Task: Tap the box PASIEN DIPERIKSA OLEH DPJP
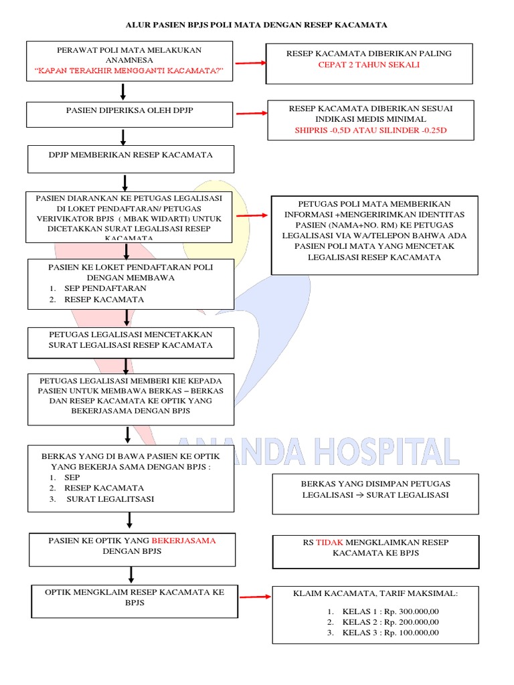point(130,114)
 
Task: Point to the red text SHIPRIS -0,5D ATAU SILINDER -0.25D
point(370,130)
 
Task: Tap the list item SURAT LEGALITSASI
point(110,499)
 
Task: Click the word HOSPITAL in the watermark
point(386,452)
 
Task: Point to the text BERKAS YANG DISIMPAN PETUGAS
point(375,484)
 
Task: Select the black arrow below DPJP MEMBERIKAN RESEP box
point(125,182)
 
